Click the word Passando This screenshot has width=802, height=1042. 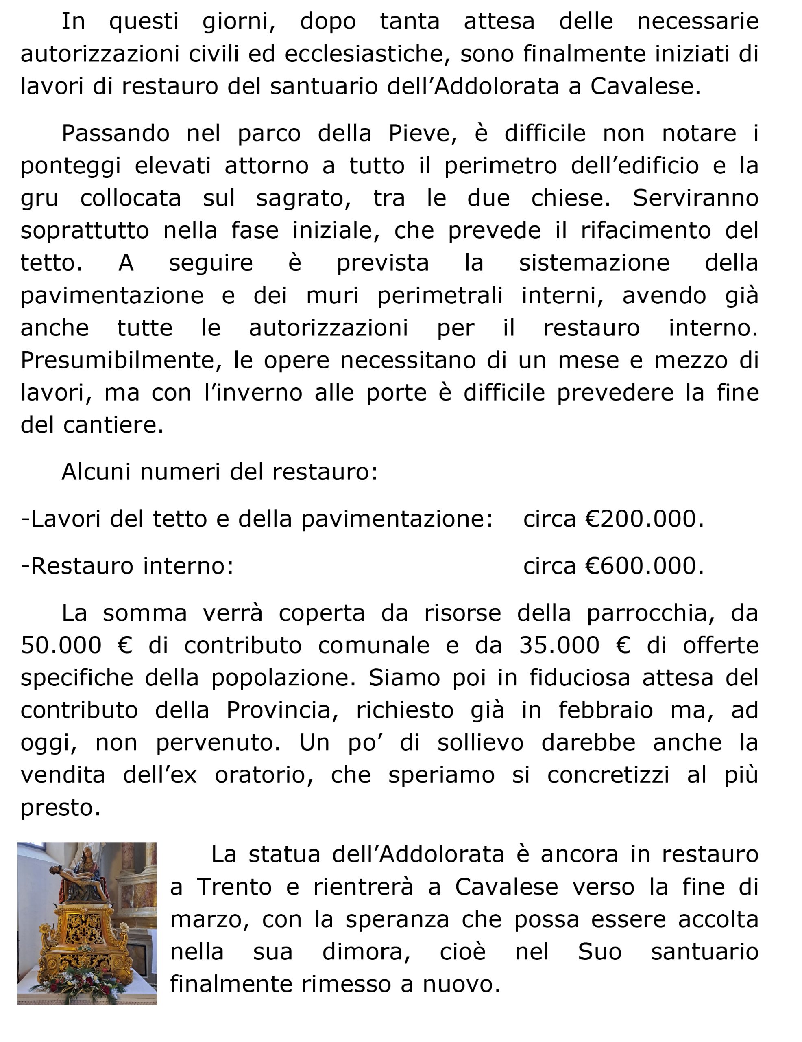coord(116,134)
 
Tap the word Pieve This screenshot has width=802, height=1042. coord(422,134)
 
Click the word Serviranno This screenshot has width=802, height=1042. coord(695,198)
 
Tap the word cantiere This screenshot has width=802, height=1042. coord(113,425)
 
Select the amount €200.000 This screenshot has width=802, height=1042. coord(644,519)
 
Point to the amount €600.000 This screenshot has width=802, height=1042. coord(644,566)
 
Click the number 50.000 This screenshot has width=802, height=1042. coord(61,646)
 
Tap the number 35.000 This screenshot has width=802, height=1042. coord(559,646)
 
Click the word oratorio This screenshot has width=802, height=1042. coord(264,775)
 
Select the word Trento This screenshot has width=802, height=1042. coord(234,887)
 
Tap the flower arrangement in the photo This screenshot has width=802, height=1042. coord(88,983)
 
